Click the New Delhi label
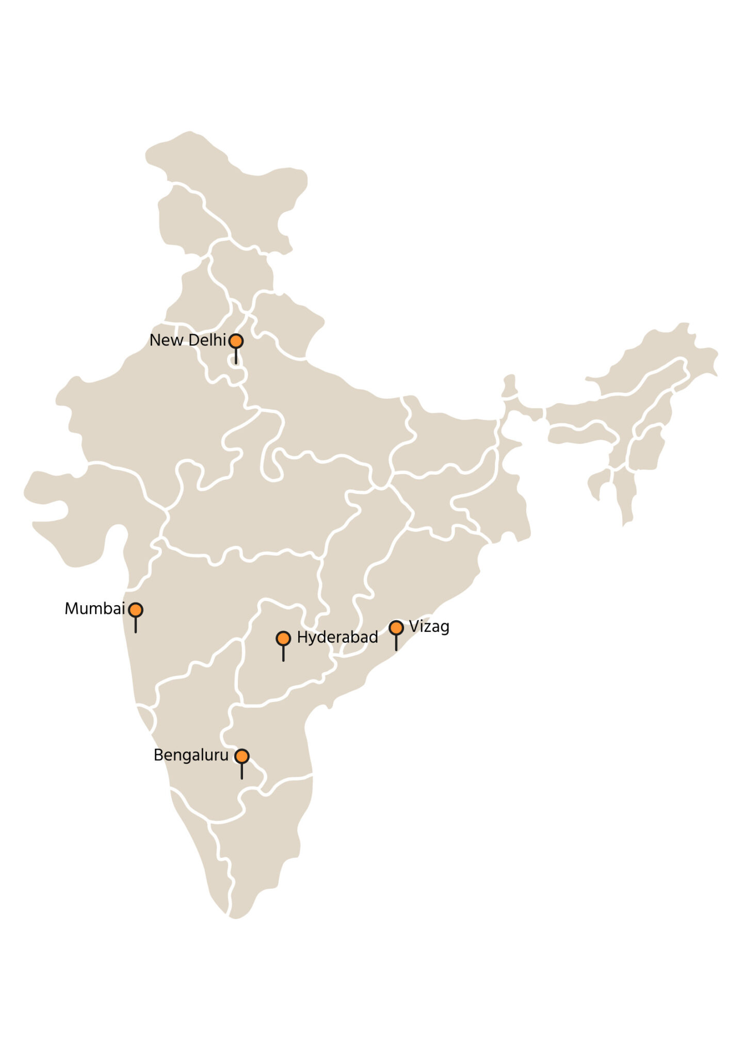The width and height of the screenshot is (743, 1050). click(188, 340)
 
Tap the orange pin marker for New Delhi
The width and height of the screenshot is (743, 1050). click(236, 341)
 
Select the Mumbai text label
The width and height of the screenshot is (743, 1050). click(94, 609)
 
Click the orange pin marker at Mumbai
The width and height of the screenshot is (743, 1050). click(136, 610)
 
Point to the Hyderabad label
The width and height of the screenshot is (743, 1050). click(337, 638)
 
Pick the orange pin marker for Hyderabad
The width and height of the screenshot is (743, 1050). click(283, 639)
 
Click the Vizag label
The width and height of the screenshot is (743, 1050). click(429, 627)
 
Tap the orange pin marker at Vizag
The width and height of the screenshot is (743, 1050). click(396, 627)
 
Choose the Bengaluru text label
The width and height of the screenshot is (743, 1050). click(191, 756)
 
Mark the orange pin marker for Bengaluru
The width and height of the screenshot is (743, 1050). click(242, 756)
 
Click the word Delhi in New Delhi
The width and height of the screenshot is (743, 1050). click(207, 340)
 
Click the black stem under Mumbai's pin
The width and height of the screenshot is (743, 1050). click(136, 625)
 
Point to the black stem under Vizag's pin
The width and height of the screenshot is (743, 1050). click(396, 642)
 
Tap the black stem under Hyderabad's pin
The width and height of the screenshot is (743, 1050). click(283, 654)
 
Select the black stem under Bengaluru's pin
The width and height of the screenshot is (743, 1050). click(242, 771)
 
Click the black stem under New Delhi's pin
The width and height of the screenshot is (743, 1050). click(236, 356)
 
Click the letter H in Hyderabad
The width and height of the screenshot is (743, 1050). click(302, 638)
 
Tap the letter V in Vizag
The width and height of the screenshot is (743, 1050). click(414, 626)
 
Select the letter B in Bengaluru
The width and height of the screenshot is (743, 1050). click(158, 756)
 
